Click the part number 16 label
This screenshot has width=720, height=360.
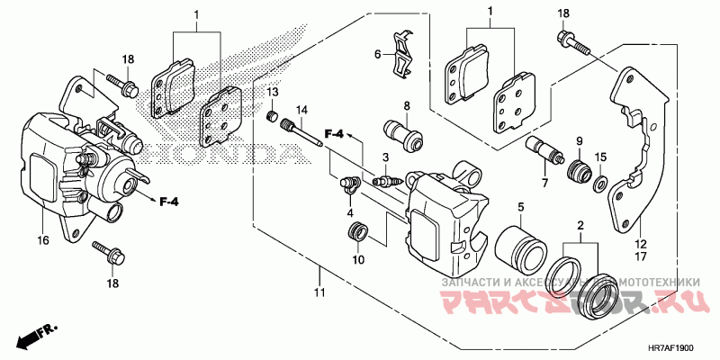click(42, 242)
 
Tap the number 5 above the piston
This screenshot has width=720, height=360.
click(520, 209)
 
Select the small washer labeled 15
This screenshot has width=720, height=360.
click(599, 185)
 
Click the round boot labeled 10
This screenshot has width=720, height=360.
click(357, 235)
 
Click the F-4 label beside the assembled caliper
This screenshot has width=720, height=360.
click(169, 201)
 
